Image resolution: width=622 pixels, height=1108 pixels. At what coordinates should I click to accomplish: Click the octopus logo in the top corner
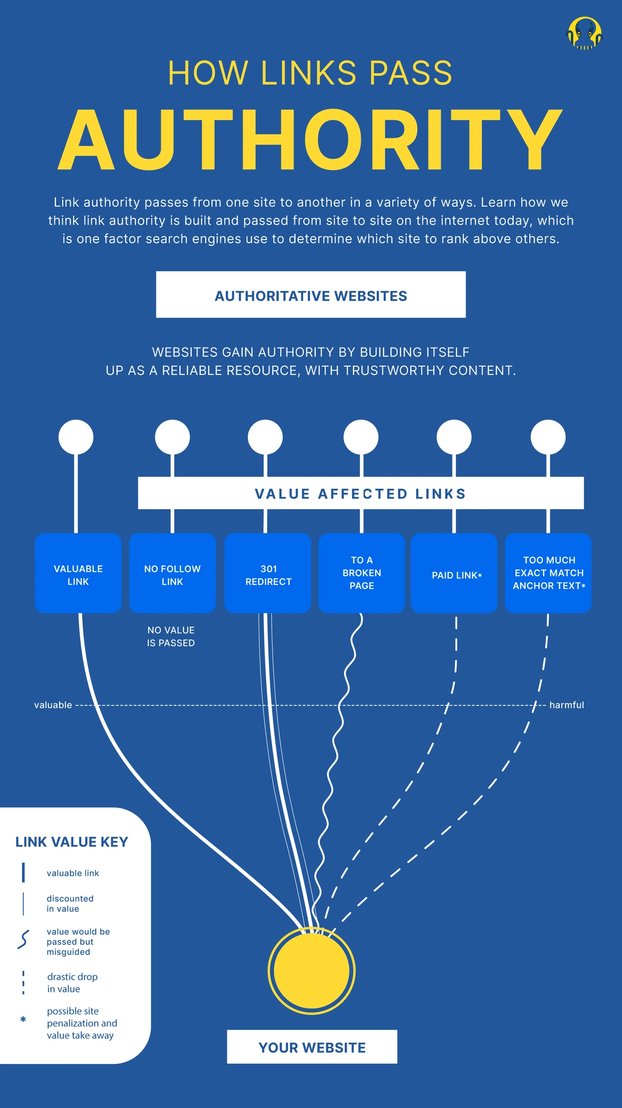(x=584, y=34)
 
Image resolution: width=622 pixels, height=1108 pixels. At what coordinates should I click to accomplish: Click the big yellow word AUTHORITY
(x=310, y=140)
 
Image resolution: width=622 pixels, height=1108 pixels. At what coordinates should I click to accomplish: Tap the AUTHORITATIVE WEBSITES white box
(x=310, y=295)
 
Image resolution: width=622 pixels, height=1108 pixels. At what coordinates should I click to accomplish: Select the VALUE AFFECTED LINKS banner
(x=361, y=493)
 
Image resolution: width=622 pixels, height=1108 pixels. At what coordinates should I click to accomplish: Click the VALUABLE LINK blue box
(x=78, y=573)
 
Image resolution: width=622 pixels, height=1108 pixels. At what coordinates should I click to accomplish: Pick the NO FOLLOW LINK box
(x=172, y=573)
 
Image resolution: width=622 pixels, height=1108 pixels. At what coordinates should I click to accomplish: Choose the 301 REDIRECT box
(x=268, y=573)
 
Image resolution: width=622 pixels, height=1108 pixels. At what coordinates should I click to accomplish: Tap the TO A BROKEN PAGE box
(x=361, y=573)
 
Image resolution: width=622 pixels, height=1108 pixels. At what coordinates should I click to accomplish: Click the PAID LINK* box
(x=454, y=573)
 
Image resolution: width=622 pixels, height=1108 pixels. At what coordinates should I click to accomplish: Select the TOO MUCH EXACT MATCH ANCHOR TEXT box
(x=548, y=573)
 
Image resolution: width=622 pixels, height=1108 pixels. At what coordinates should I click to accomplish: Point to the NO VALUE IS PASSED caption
(x=171, y=636)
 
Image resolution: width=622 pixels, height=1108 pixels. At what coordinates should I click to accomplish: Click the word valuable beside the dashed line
(x=53, y=705)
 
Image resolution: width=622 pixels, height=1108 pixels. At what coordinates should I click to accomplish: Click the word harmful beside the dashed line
(x=567, y=705)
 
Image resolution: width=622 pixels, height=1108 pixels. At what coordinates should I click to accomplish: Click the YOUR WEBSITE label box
(x=312, y=1047)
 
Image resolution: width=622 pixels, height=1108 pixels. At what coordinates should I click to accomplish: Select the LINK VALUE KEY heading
(x=72, y=842)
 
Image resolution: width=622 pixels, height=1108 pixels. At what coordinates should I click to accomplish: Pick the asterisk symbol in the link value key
(x=23, y=1019)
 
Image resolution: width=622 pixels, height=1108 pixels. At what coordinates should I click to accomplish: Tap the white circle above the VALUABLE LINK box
(x=76, y=437)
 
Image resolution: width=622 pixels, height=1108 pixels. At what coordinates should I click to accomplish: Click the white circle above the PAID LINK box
(x=454, y=437)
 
